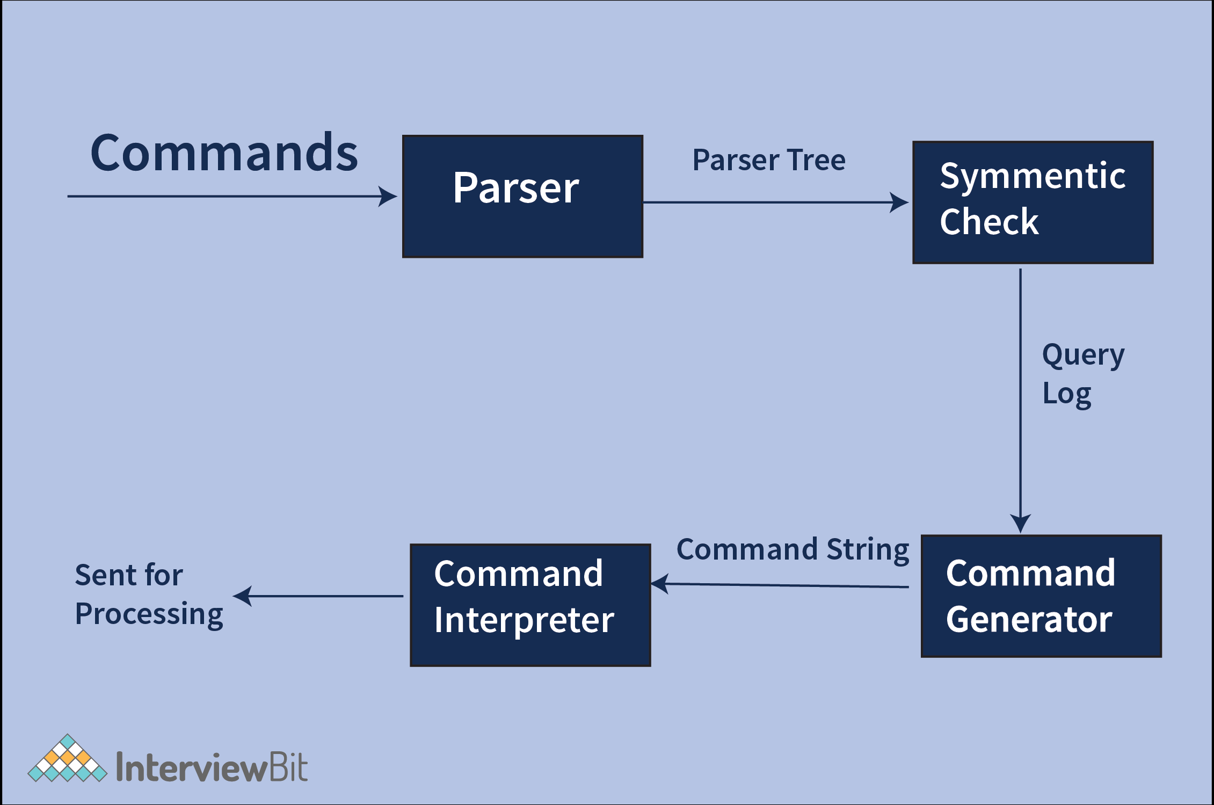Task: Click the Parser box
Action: (522, 197)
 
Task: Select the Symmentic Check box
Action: (1033, 202)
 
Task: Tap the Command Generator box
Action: (1041, 596)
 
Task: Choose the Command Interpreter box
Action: (530, 605)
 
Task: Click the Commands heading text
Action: (224, 154)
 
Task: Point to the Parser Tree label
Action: (768, 160)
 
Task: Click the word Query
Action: (1082, 356)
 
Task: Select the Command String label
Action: (793, 549)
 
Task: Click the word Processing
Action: (149, 614)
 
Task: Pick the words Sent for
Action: (129, 575)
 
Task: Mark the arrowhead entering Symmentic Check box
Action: (900, 202)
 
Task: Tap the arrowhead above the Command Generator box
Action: (1020, 524)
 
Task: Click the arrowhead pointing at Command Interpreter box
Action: (660, 584)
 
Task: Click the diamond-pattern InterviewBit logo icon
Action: (68, 759)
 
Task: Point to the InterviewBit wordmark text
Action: (212, 767)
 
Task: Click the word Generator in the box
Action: (1029, 620)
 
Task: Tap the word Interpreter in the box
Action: (524, 621)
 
